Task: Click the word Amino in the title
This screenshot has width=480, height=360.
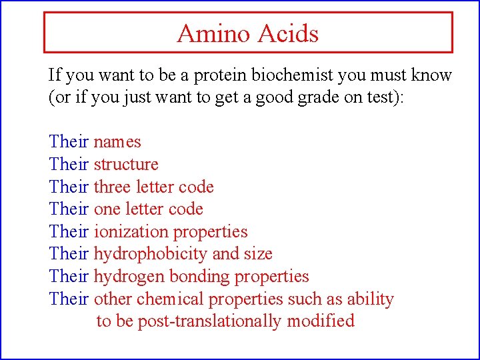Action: click(209, 33)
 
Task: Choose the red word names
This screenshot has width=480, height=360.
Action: click(117, 142)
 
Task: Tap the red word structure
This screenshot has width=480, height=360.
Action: click(126, 164)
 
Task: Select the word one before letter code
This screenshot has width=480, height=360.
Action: click(106, 209)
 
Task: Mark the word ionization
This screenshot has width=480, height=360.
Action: click(131, 231)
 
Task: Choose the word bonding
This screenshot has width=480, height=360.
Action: click(191, 276)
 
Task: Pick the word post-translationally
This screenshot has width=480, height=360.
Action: click(210, 321)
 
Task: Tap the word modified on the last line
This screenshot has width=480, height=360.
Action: click(321, 321)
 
